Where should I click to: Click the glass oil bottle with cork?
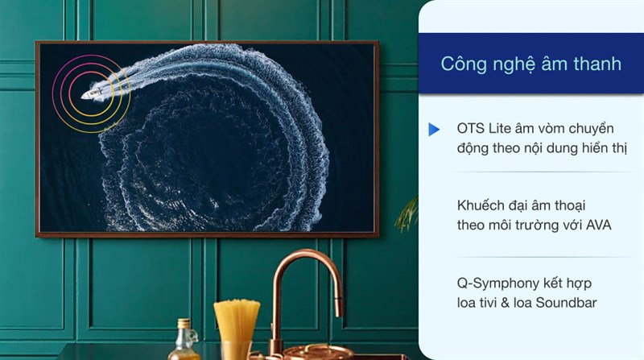coord(185,342)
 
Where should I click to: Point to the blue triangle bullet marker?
coord(434,130)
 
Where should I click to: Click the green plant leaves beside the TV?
coord(409,213)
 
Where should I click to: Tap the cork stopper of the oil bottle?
coord(185,322)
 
